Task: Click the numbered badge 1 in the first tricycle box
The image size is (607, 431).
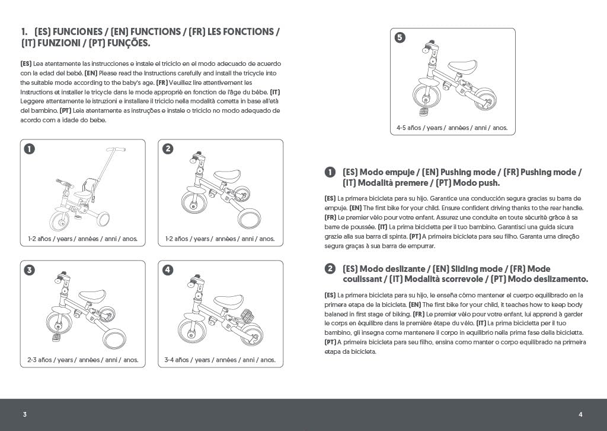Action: [x=30, y=149]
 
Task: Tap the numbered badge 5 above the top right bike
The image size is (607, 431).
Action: [x=400, y=38]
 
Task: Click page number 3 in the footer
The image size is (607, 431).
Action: [x=24, y=414]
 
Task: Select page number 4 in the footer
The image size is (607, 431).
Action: [x=581, y=414]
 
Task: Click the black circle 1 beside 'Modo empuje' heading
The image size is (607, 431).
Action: [x=330, y=172]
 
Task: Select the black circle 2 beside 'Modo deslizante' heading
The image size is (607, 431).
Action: [x=330, y=269]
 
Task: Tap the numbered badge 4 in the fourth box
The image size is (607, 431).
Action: [x=168, y=270]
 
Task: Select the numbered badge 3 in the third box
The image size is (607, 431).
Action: [x=30, y=270]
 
